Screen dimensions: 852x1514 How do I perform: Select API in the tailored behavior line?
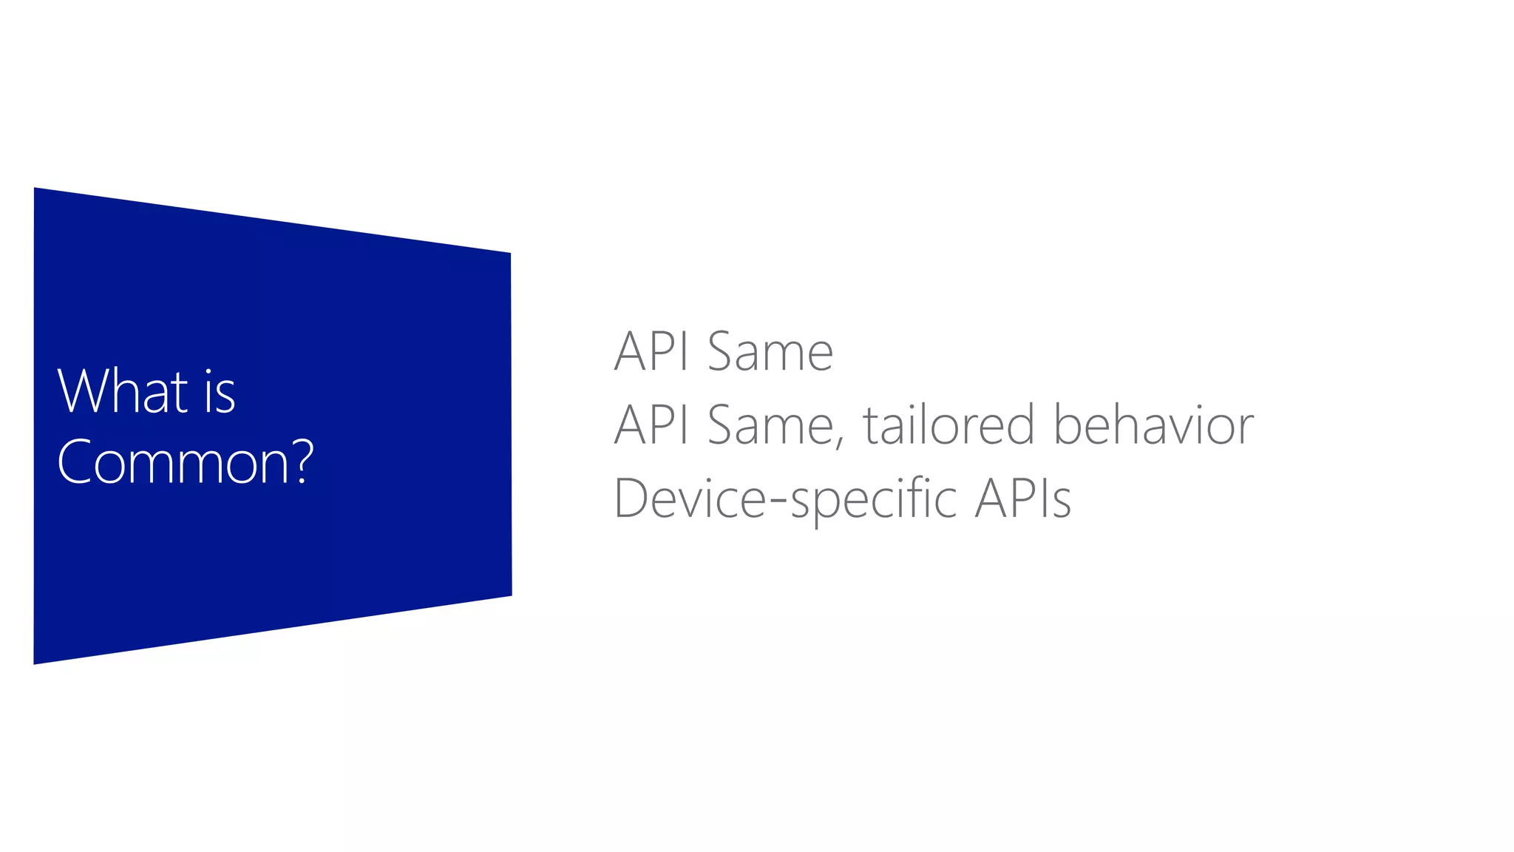[x=651, y=425]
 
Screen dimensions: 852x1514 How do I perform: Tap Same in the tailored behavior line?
[x=770, y=425]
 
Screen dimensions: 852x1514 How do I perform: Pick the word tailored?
[x=948, y=425]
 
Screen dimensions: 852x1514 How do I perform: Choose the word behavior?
[x=1153, y=425]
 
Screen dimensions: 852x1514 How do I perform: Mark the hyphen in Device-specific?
[x=778, y=502]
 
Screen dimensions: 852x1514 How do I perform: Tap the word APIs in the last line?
[x=1023, y=498]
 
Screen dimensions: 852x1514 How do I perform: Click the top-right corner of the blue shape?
[x=509, y=254]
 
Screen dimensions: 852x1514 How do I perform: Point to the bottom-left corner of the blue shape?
[x=35, y=662]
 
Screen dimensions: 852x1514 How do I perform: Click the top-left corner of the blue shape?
[x=35, y=189]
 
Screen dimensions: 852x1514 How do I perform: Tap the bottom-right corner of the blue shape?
[x=510, y=594]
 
